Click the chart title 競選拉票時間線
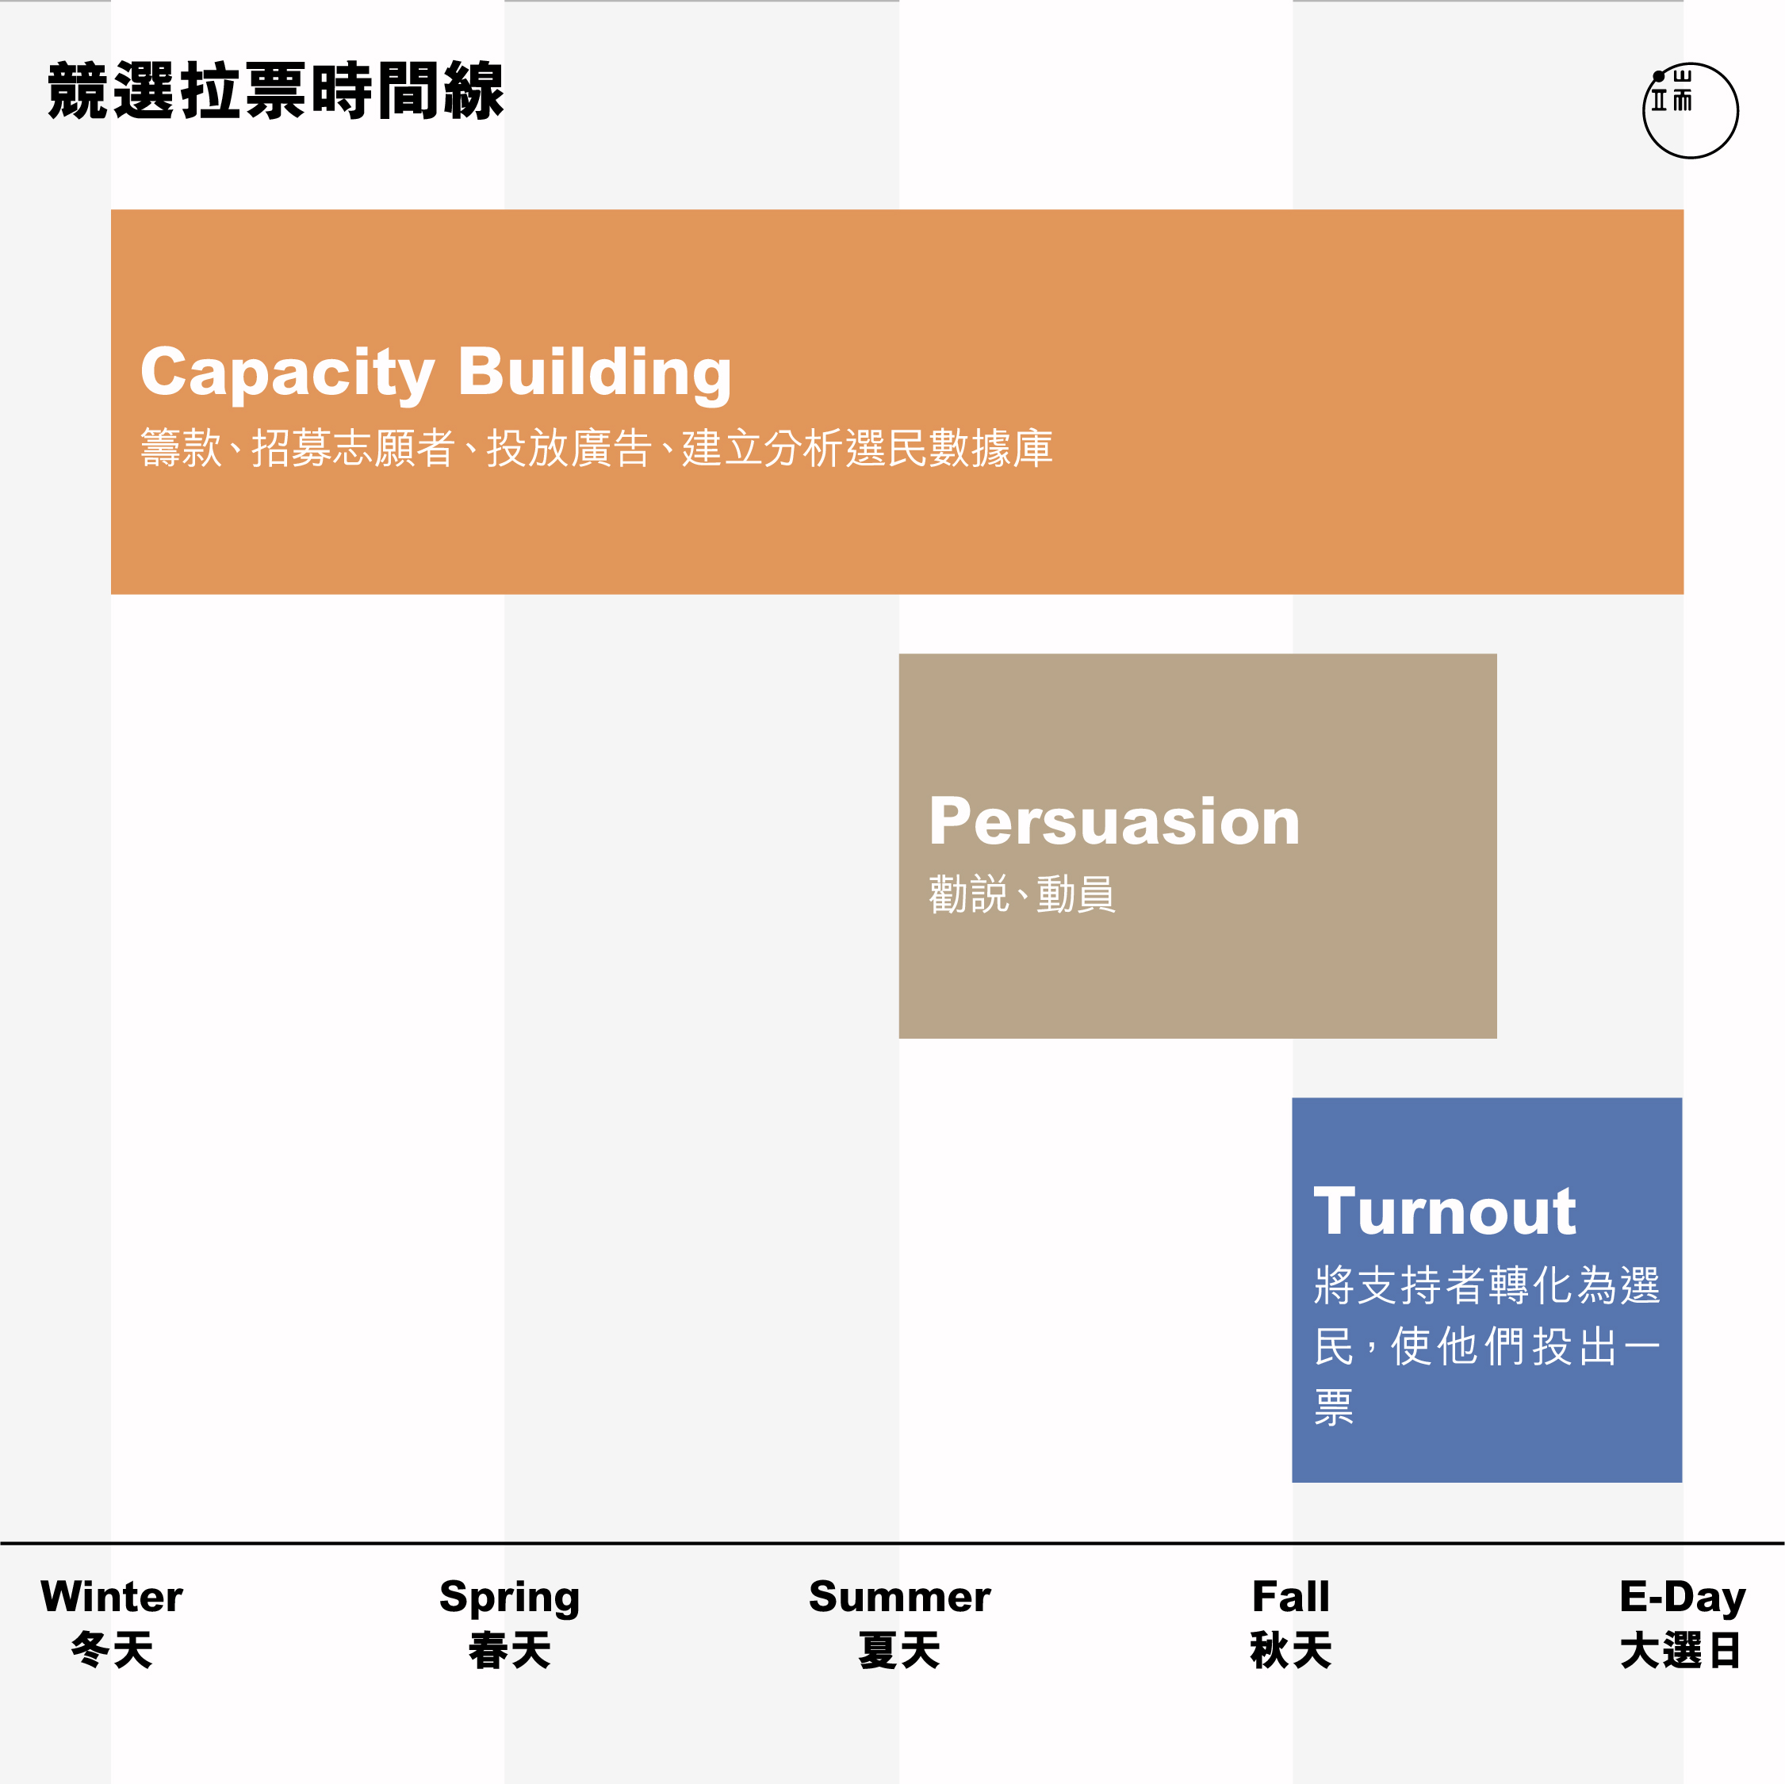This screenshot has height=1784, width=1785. (275, 90)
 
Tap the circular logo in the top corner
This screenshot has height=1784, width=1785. (1690, 111)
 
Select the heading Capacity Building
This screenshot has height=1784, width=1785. (436, 373)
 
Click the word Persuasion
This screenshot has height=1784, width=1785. (1114, 821)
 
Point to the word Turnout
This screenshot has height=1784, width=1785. (1444, 1212)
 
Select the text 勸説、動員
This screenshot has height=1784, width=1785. (1022, 894)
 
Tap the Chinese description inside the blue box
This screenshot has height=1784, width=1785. (1487, 1344)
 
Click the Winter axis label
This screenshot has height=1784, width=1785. (112, 1596)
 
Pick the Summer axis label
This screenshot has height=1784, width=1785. (899, 1596)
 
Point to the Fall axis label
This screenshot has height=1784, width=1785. (1291, 1596)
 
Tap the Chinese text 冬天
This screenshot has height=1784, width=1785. (112, 1650)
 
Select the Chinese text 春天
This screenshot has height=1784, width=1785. (509, 1650)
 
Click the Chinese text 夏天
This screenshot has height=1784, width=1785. (899, 1650)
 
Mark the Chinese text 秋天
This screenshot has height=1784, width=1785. (1291, 1650)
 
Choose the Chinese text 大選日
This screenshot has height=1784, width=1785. (1680, 1650)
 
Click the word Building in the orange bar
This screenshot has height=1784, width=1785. (595, 373)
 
